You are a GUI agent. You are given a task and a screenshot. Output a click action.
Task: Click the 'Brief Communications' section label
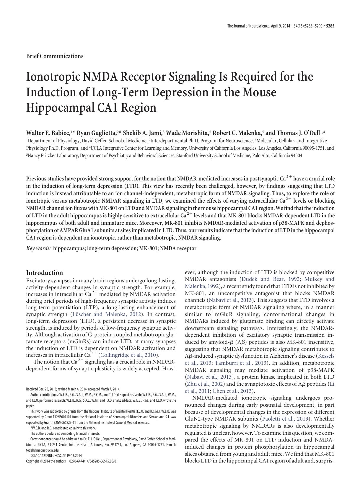click(55, 56)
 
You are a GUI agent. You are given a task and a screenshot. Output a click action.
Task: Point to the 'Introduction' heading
click(45, 273)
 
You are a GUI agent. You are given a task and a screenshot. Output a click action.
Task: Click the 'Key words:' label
click(38, 248)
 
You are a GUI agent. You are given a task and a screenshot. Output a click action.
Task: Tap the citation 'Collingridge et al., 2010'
click(128, 355)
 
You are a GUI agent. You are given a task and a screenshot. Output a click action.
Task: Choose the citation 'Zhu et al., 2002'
click(205, 384)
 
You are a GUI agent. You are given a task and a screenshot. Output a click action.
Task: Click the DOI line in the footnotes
click(56, 455)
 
